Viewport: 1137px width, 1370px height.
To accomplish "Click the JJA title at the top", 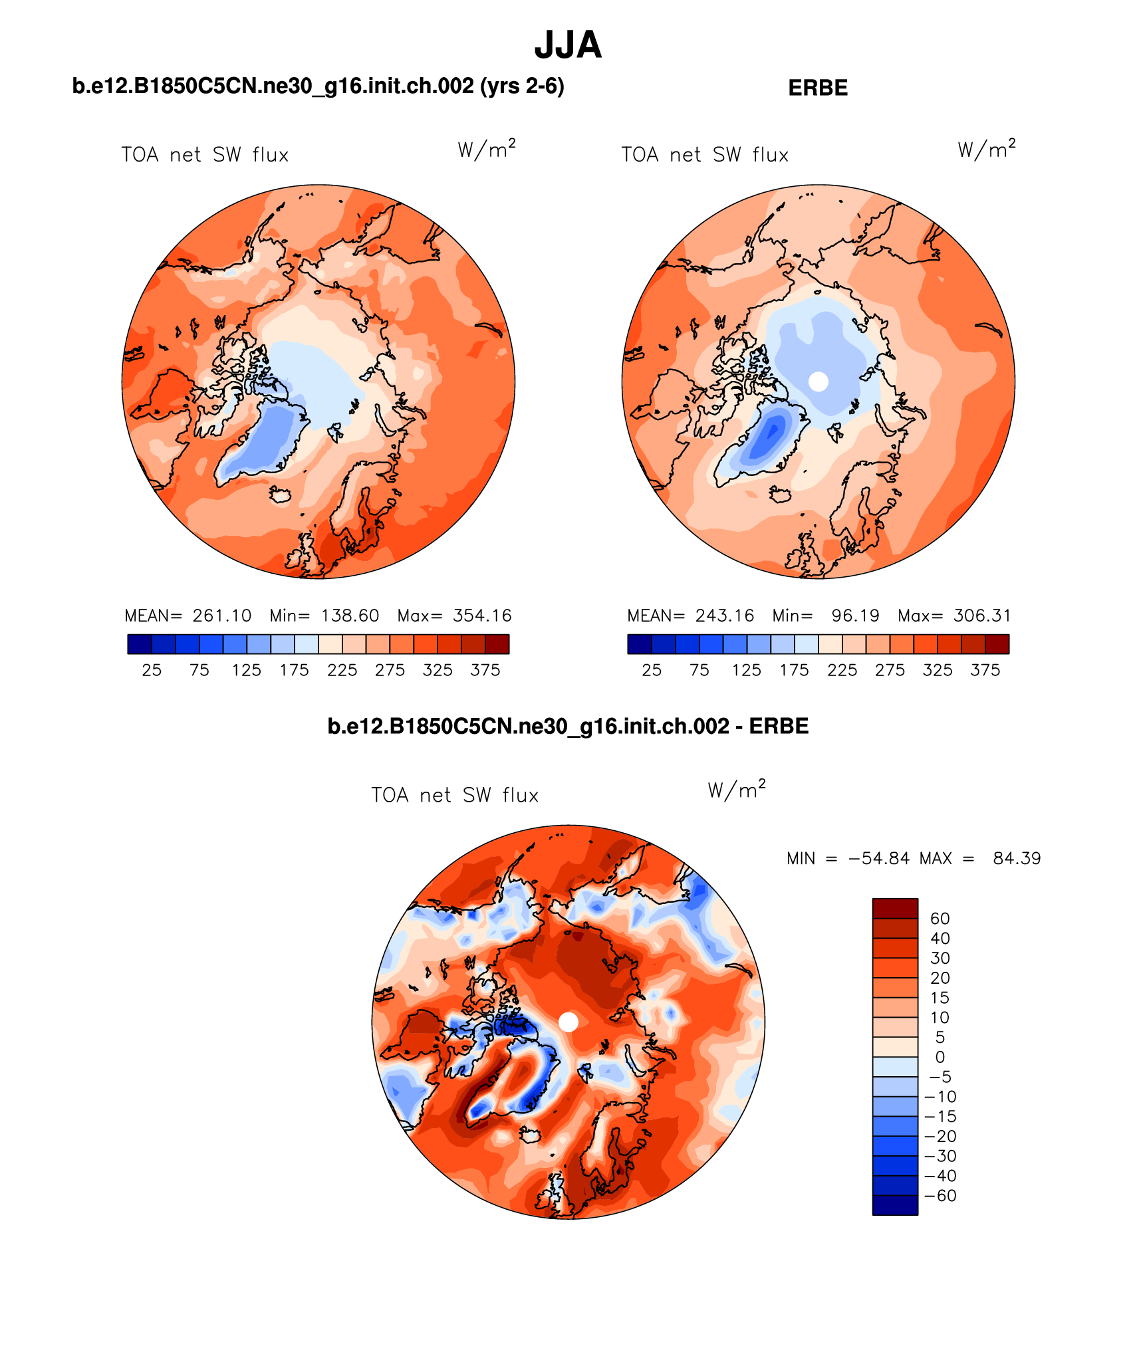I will tap(568, 45).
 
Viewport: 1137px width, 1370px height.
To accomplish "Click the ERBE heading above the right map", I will tap(817, 88).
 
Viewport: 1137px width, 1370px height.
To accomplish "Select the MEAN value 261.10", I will tap(222, 616).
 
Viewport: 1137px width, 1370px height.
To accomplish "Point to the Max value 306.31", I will tap(982, 616).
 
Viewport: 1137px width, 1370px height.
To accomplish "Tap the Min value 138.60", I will tap(350, 616).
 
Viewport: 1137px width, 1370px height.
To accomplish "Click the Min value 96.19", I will tap(855, 616).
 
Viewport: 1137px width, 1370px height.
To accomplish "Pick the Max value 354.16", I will tap(482, 616).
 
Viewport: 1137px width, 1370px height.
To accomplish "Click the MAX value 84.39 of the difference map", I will tap(1017, 858).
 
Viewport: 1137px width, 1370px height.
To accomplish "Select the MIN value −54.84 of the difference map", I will tap(878, 858).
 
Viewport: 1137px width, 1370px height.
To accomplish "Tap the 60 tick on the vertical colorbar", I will tap(940, 919).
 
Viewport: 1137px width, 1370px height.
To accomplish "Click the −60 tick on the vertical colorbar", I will tap(940, 1196).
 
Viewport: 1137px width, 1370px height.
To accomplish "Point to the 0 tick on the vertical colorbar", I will tap(940, 1057).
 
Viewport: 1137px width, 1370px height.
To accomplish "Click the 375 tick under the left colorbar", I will tap(485, 670).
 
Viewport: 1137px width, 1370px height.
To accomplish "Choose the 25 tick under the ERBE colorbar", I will tap(652, 670).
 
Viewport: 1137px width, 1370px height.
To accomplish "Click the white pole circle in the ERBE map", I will tap(819, 382).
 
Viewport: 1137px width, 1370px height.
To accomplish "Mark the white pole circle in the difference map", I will tap(568, 1022).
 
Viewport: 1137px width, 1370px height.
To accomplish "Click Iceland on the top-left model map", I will tap(281, 495).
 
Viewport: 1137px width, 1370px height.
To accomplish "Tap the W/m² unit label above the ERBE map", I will tap(987, 149).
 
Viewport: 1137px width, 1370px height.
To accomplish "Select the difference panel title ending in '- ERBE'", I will tap(568, 726).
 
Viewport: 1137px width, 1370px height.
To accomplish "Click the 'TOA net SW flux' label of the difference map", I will tap(455, 795).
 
